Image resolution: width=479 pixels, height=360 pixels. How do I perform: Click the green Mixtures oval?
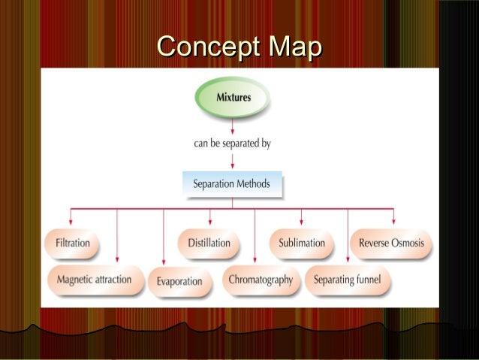(x=233, y=97)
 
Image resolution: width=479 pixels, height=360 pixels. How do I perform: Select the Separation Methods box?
(x=231, y=183)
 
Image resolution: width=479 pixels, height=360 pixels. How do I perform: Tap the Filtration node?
(x=72, y=244)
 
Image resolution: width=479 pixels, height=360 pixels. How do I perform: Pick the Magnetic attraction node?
(x=94, y=280)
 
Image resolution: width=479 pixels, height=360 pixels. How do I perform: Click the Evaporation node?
(x=179, y=281)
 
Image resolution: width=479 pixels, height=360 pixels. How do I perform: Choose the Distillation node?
(x=209, y=244)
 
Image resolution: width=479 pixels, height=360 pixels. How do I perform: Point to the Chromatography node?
(x=261, y=280)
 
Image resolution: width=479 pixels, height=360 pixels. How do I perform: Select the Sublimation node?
(x=302, y=244)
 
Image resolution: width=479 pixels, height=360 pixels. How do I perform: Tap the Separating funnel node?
(x=347, y=280)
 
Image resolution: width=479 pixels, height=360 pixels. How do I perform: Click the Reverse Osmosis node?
(x=391, y=244)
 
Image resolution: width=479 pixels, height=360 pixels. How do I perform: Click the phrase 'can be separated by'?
(x=232, y=144)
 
